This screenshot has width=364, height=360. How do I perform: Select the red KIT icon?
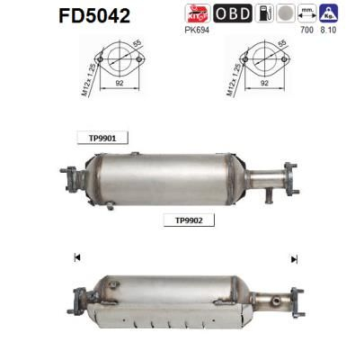point(197,13)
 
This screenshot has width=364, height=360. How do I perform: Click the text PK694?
point(196,30)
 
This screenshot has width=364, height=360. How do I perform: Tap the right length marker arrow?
point(293,258)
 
